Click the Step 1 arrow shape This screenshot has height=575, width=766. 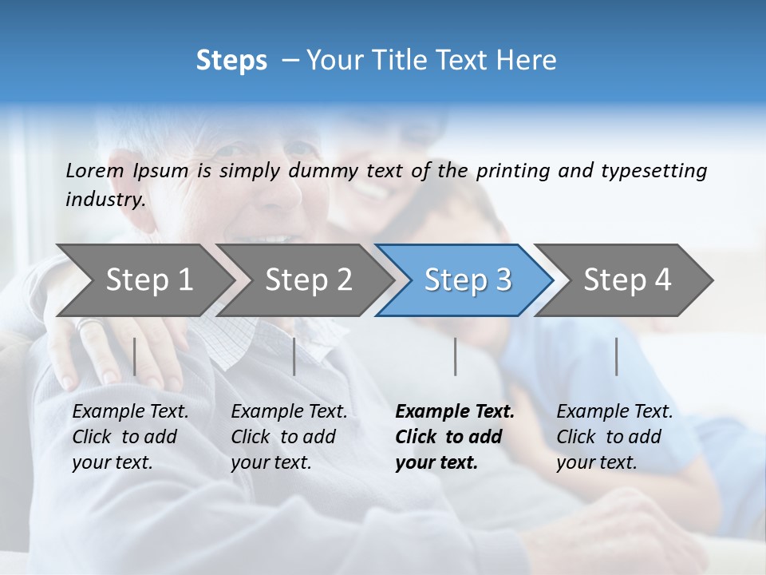tap(144, 280)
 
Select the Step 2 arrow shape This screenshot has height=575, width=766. tap(306, 280)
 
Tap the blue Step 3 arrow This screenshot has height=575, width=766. tap(466, 280)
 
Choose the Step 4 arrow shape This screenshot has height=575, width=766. tap(626, 280)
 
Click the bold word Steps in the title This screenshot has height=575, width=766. tap(231, 60)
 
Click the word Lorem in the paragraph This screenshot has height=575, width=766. tap(95, 170)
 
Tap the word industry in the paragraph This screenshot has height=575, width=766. tap(105, 199)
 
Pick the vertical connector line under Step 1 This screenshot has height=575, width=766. tap(135, 356)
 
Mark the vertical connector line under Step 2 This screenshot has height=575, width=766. tap(294, 356)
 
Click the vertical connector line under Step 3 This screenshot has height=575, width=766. tap(455, 356)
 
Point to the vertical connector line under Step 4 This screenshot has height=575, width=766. tap(616, 356)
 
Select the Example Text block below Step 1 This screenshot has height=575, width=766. tap(130, 437)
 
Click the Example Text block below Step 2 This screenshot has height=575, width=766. tap(289, 437)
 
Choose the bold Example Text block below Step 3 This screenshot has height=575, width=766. tap(455, 437)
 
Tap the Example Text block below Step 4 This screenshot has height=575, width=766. tap(614, 437)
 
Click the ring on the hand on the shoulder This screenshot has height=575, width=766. tap(88, 324)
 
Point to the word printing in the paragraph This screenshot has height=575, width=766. tap(513, 170)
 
